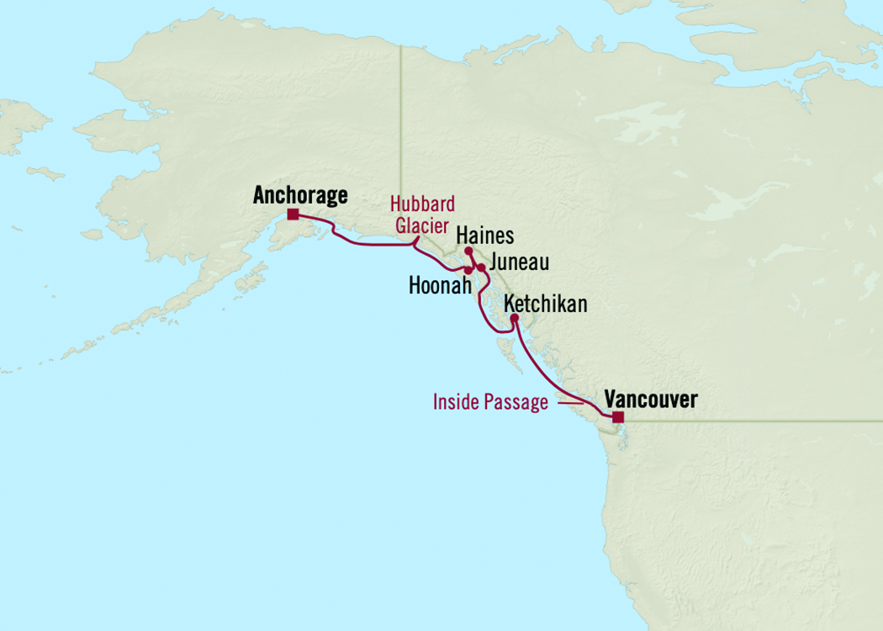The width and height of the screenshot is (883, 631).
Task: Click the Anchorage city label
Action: pos(299,196)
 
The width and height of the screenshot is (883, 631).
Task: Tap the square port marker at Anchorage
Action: pos(292,215)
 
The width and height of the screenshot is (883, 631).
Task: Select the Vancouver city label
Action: pos(650,400)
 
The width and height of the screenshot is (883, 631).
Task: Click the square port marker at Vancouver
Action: pos(617,417)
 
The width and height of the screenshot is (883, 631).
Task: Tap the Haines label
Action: pos(484,236)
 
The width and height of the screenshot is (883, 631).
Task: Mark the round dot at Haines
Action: pos(468,251)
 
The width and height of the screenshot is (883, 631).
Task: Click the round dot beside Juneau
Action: pos(481,268)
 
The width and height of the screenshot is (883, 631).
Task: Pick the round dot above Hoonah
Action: pos(468,270)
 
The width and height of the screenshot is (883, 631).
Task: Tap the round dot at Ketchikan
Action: pos(515,318)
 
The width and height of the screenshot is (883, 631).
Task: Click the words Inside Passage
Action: pos(490,403)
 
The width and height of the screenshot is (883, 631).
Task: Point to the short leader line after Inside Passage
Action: pos(570,403)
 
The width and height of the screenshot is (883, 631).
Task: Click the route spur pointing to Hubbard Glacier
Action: pos(415,241)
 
